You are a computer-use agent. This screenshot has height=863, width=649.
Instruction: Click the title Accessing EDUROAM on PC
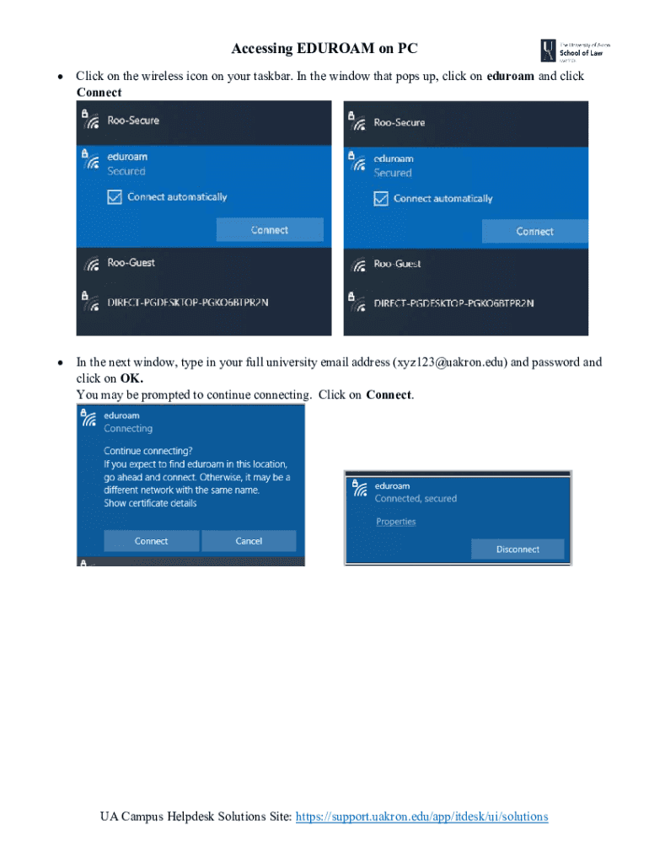point(324,49)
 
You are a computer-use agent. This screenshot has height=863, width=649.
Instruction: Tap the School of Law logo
point(575,51)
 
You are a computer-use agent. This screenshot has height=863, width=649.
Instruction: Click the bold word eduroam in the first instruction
point(510,76)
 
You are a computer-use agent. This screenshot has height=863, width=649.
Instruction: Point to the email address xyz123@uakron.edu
point(450,362)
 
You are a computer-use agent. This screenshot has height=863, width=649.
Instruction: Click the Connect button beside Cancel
point(152,541)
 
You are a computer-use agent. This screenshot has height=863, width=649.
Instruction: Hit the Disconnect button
point(518,549)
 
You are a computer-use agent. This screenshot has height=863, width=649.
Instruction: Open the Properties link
point(395,522)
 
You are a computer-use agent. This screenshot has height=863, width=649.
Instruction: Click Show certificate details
point(150,503)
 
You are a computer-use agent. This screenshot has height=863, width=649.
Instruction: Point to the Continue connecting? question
point(147,451)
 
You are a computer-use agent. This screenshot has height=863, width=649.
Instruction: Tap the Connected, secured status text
point(416,499)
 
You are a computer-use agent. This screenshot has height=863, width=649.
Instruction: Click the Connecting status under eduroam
point(128,428)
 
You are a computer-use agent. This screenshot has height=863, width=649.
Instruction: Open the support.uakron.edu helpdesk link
point(421,817)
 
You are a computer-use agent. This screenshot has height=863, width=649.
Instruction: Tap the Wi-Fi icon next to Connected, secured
point(360,487)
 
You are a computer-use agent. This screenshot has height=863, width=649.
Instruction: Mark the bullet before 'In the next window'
point(60,363)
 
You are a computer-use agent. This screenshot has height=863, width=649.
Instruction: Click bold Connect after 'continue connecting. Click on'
point(389,394)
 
